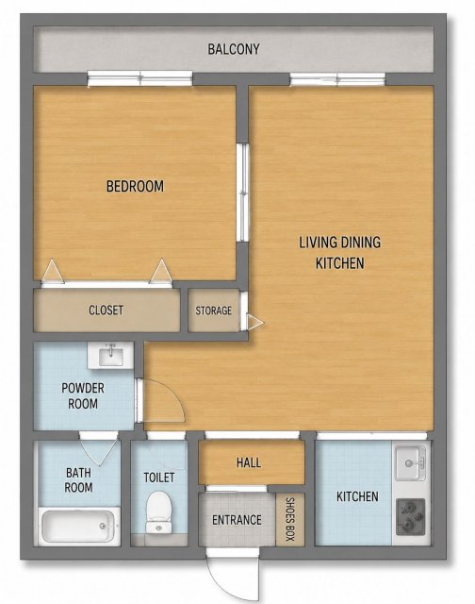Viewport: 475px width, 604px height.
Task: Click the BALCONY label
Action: [234, 49]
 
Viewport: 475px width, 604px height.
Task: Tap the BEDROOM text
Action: [135, 187]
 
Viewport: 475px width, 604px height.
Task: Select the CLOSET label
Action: [106, 310]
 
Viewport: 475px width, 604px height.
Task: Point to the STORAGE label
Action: [213, 310]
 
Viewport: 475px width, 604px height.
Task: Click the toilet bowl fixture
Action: [159, 512]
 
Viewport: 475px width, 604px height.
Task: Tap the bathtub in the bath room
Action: [78, 527]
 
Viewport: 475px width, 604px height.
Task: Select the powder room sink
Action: [110, 355]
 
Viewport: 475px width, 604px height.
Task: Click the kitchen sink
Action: [411, 462]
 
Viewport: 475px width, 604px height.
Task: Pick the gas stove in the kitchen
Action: [411, 517]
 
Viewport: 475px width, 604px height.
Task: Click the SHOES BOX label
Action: [290, 519]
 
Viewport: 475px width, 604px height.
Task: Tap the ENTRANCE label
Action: [237, 520]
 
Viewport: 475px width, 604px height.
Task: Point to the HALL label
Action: [249, 462]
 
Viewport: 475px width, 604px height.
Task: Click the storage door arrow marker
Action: [254, 322]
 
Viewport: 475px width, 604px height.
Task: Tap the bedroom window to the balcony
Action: [140, 78]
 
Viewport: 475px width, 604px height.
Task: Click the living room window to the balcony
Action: [337, 79]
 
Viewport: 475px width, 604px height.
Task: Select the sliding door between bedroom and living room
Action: [243, 193]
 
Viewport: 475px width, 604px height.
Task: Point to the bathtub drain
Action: [103, 526]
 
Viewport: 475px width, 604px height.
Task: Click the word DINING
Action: [360, 243]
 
